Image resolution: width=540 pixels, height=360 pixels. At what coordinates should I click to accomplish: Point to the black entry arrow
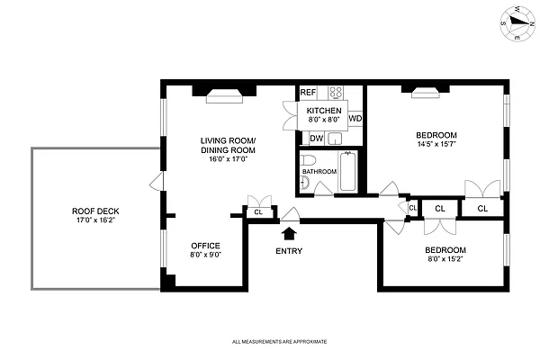[289, 233]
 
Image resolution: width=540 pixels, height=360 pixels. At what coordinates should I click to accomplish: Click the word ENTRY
[289, 251]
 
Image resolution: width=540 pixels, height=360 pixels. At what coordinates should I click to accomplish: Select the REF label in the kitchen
[308, 93]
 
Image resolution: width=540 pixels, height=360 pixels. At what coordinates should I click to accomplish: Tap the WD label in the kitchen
[355, 118]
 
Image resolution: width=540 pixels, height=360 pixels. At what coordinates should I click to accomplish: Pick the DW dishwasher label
[316, 138]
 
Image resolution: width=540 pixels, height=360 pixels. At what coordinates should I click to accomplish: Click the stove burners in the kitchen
[336, 92]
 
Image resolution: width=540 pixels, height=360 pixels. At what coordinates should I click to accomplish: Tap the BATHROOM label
[319, 171]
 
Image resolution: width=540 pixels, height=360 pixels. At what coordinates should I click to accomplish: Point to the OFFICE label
[205, 245]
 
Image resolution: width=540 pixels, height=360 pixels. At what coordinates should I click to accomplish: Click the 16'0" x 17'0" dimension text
[228, 158]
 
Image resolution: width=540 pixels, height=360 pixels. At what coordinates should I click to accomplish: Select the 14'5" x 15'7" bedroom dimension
[436, 143]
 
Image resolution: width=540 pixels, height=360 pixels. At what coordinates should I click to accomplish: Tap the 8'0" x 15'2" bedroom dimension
[445, 259]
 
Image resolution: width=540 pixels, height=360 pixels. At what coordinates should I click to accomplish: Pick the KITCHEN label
[324, 109]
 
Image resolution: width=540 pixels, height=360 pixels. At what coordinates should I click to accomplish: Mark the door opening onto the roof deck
[157, 184]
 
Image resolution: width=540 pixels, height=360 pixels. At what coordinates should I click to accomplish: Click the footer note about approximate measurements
[278, 342]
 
